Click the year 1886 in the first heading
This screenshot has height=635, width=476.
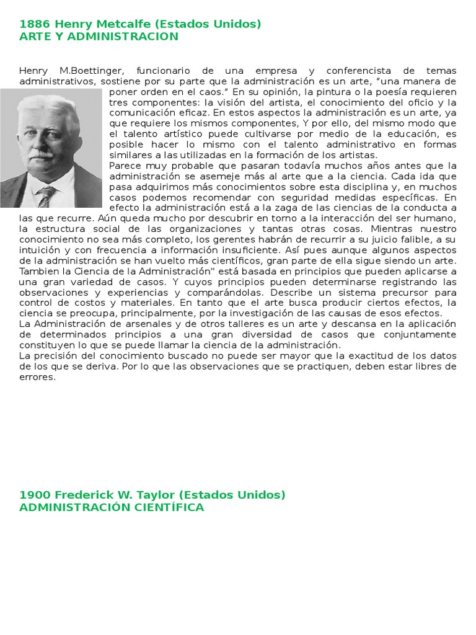(35, 24)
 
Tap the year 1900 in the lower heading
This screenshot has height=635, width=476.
(35, 495)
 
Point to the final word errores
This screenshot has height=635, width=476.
(37, 376)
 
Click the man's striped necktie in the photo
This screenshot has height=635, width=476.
(45, 195)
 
